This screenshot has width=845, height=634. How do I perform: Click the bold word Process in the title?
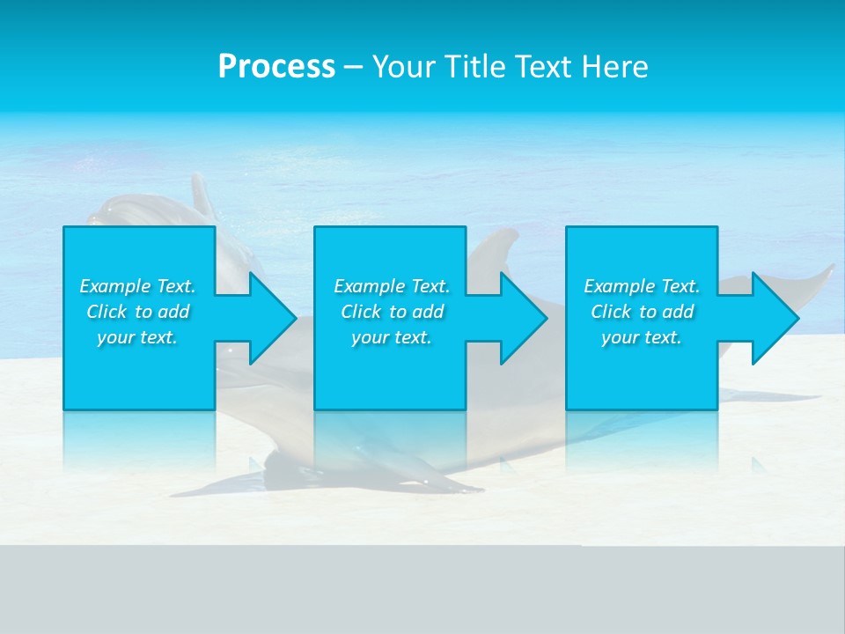pos(276,67)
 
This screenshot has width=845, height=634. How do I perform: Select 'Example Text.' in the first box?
pos(137,286)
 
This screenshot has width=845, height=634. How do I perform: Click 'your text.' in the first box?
pos(137,337)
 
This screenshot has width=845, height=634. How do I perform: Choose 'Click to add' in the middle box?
pos(392,312)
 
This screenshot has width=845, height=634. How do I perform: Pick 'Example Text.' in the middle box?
pos(392,286)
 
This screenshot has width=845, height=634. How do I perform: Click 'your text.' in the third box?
pos(642,337)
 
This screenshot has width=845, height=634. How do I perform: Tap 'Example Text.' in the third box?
pos(642,286)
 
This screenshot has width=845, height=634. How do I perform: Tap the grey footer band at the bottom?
pos(422,590)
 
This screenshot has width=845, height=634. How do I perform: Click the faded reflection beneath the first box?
pos(139,440)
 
